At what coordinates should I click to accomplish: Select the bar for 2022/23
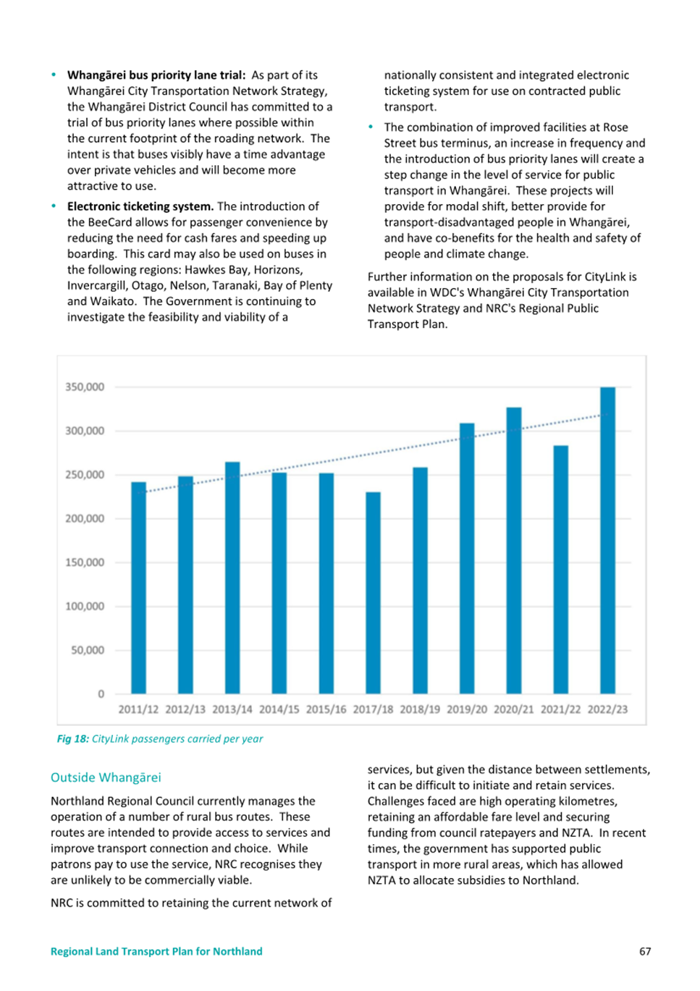607,540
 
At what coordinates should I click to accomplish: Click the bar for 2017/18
373,593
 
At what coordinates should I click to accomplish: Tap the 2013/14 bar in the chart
232,578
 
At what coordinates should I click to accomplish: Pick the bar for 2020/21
514,550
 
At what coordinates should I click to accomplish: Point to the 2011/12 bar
138,588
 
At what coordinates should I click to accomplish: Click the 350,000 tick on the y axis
85,387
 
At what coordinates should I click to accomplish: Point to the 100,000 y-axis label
85,606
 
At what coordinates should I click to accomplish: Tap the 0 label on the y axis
101,693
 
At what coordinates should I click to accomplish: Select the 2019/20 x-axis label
467,709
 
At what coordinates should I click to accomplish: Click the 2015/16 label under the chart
326,709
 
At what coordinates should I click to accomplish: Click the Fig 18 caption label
73,739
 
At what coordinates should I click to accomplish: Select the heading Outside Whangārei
106,777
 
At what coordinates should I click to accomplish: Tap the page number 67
645,951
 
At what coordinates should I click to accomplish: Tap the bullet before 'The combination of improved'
371,127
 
